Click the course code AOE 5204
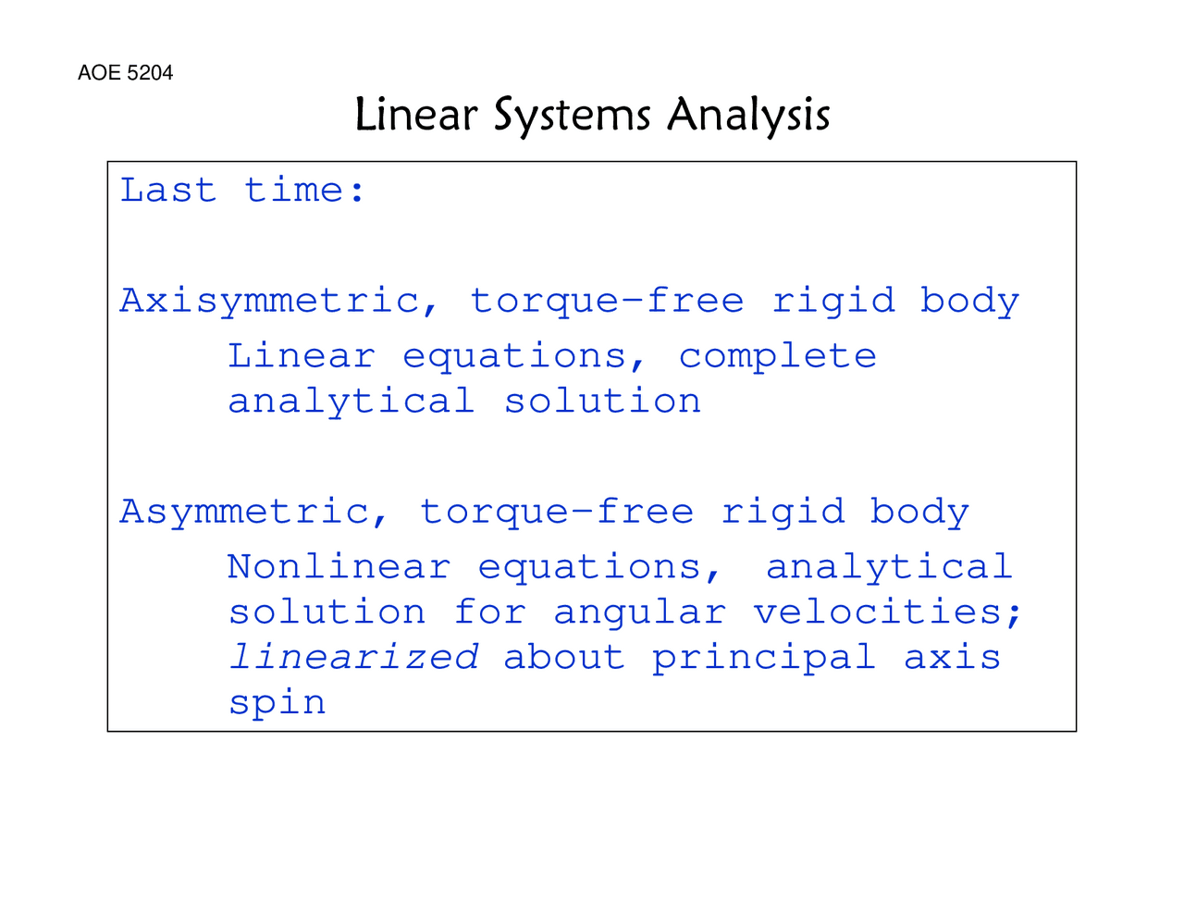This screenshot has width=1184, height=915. tap(125, 73)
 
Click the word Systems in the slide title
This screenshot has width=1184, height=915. tap(572, 116)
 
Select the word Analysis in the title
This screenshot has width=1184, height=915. tap(748, 116)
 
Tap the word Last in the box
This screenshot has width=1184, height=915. tap(168, 191)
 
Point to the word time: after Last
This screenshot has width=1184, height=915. tap(305, 191)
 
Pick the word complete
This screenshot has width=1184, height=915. tap(777, 356)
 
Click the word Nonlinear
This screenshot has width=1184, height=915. tap(339, 567)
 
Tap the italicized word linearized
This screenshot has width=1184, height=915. tap(353, 658)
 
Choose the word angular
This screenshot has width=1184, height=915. tap(639, 613)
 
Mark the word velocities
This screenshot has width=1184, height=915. tap(886, 612)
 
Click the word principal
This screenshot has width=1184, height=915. tap(763, 658)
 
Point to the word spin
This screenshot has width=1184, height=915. tap(277, 703)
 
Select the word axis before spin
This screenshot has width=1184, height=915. tap(952, 658)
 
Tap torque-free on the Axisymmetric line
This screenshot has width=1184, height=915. tap(607, 302)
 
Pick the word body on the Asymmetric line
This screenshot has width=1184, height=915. tap(919, 513)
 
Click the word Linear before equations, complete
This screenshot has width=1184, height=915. tap(302, 356)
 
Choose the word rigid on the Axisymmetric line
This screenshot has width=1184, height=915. tap(833, 302)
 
